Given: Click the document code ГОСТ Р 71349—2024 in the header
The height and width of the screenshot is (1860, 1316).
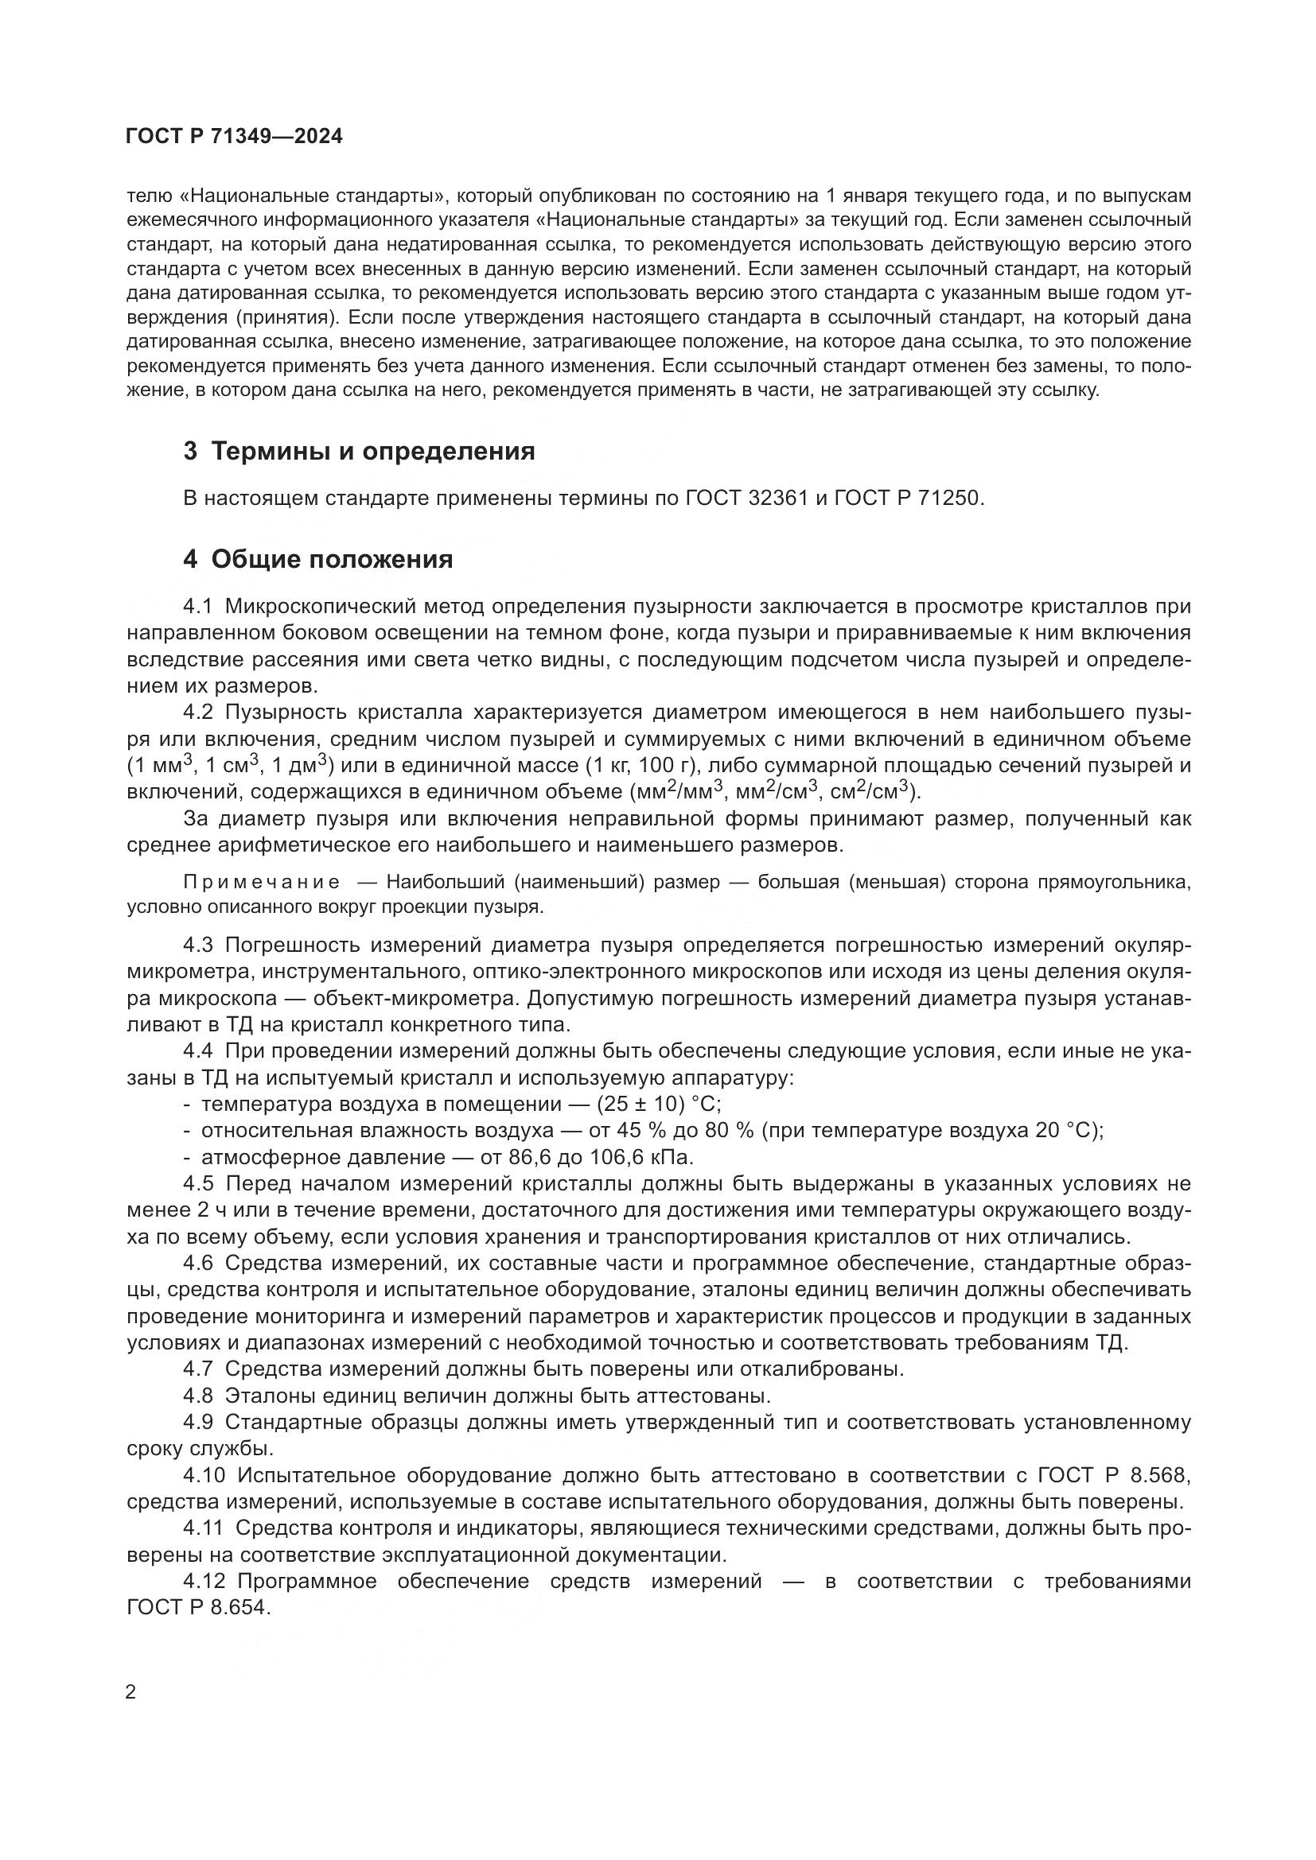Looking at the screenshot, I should (x=234, y=136).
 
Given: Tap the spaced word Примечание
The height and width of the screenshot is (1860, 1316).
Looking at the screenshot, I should (x=262, y=881).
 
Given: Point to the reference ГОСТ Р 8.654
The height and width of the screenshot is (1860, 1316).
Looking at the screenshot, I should (x=196, y=1607).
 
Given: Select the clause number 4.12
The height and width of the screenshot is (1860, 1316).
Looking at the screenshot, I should (x=204, y=1581).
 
